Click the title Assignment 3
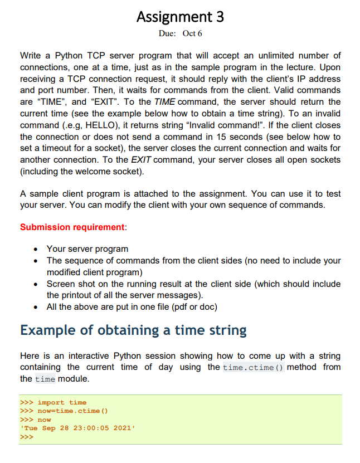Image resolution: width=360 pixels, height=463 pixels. click(x=180, y=17)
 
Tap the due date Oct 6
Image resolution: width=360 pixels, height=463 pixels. click(x=192, y=33)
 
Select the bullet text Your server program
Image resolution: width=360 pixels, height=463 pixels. click(x=87, y=248)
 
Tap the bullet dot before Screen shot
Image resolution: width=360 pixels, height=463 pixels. click(x=36, y=284)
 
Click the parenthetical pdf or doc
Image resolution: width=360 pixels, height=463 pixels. click(x=190, y=306)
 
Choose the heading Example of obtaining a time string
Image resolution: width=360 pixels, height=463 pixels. click(x=133, y=330)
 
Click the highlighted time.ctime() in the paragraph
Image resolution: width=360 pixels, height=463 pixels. click(x=253, y=367)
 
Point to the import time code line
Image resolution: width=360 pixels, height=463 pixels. click(x=62, y=402)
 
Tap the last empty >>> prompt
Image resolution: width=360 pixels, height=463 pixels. click(x=27, y=437)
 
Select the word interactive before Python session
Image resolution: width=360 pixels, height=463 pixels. click(x=91, y=355)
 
